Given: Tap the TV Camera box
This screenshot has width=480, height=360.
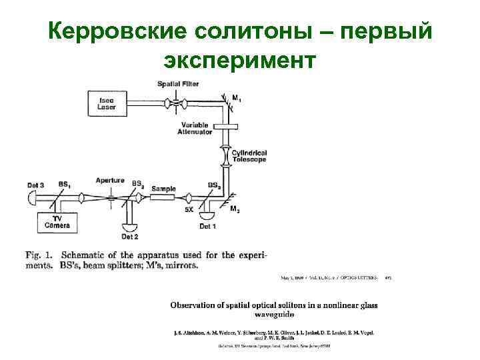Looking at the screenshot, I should click(57, 222).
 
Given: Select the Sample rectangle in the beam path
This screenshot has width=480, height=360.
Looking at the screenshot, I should click(163, 189).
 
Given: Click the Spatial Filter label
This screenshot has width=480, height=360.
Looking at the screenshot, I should click(178, 83).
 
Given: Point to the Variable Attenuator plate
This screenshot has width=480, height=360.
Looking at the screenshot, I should click(227, 125).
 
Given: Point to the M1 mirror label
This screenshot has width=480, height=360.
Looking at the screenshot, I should click(236, 97).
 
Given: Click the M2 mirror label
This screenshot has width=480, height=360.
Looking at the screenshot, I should click(235, 209).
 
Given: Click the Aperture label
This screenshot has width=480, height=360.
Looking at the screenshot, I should click(109, 181).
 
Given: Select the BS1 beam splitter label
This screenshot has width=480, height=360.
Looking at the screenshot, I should click(65, 185).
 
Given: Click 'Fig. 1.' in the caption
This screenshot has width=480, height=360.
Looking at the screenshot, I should click(40, 255).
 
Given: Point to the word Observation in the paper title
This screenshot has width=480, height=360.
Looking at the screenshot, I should click(196, 305).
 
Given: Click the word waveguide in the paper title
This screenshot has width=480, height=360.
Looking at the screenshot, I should click(274, 314).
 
